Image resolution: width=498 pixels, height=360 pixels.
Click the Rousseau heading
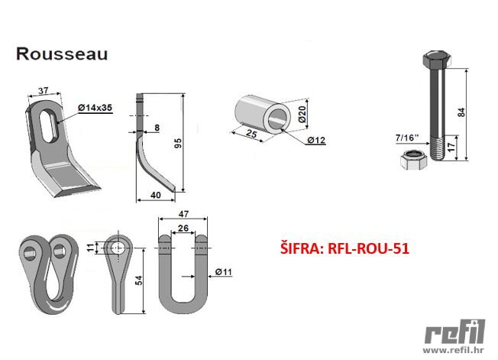[62, 54]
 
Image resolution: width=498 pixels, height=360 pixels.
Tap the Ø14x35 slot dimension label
[95, 108]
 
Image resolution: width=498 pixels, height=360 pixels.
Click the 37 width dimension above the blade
[44, 90]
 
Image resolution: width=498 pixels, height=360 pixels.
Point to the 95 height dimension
[179, 143]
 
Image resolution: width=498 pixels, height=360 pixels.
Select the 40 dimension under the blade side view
[156, 195]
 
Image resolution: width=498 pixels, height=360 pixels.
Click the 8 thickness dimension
[157, 128]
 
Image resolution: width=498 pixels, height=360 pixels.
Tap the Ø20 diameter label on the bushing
[302, 115]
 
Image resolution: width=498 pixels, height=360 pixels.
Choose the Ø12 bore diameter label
[317, 140]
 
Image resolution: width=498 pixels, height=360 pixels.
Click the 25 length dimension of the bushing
[251, 134]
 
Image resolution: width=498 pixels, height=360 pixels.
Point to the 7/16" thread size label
[407, 138]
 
